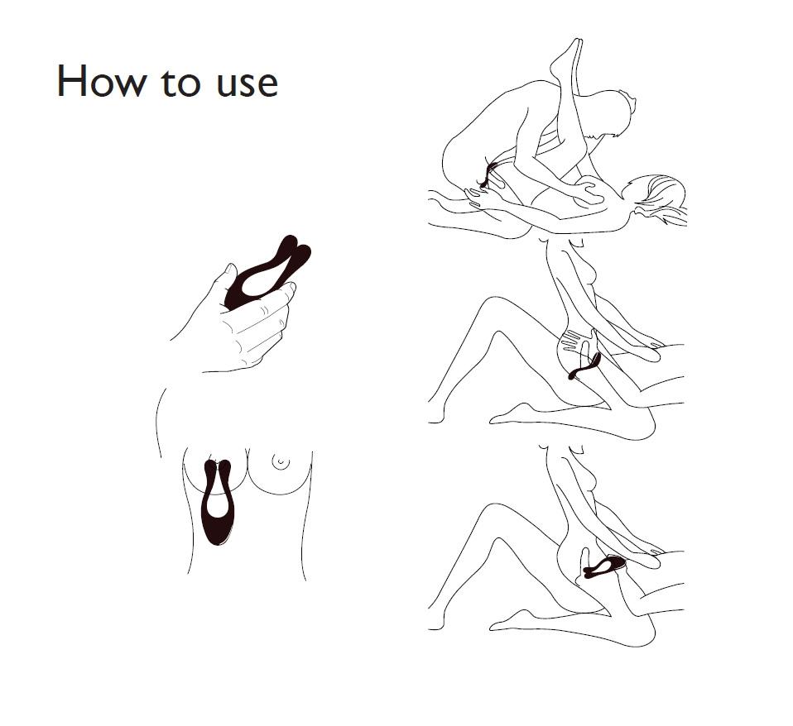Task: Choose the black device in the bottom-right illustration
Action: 605,566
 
